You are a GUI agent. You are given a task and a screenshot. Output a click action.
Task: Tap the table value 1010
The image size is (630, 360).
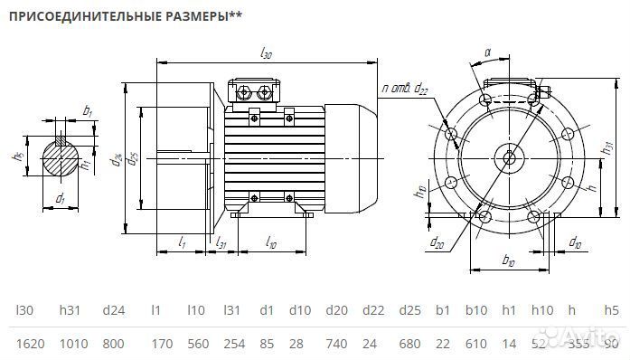coord(73,343)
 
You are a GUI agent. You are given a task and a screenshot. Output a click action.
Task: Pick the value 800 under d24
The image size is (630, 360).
coord(113,343)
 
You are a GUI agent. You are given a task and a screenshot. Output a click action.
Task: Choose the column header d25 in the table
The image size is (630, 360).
coord(409,310)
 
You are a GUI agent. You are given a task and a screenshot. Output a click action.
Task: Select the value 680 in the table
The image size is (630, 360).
coord(409,343)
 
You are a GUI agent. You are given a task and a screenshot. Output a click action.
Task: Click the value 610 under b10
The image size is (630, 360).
coord(477,343)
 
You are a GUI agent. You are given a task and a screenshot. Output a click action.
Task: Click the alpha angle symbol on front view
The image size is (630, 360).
coord(488,53)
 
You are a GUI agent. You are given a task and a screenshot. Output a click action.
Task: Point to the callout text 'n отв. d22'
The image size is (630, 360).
coord(404,88)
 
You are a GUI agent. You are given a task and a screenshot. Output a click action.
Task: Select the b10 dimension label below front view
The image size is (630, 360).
coord(507,261)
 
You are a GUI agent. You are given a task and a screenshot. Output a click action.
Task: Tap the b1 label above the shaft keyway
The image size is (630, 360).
coord(87,110)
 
